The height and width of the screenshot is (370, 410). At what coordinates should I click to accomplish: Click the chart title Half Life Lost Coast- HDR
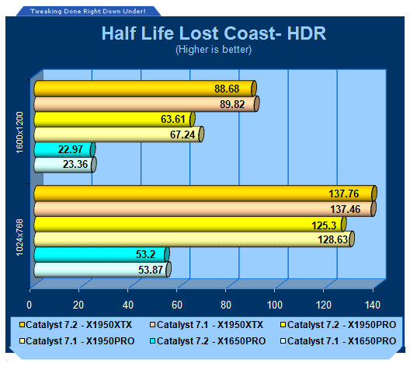214,33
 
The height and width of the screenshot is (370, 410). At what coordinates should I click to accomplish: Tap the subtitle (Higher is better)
214,50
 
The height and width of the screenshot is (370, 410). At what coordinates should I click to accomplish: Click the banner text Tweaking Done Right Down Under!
88,11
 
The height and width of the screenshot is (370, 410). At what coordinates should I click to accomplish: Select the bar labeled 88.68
145,89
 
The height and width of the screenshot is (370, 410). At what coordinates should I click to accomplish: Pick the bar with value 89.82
147,104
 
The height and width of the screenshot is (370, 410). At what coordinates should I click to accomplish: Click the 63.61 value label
173,120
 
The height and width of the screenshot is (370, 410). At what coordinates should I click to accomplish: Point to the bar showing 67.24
119,134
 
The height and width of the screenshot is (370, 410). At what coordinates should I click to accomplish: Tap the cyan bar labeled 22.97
64,149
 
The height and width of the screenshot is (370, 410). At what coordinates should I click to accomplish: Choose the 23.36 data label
75,164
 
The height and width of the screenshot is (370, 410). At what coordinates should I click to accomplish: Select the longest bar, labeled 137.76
205,194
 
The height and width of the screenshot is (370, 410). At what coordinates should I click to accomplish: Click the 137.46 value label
345,209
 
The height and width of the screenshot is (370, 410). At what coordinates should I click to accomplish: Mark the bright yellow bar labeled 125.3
190,224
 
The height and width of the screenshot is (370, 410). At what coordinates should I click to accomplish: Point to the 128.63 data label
332,239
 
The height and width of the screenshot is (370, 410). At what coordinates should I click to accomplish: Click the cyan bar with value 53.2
102,254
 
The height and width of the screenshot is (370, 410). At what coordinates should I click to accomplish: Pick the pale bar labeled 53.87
102,270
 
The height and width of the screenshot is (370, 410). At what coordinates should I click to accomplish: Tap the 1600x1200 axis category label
20,132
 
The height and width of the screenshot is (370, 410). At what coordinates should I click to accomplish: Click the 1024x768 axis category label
20,237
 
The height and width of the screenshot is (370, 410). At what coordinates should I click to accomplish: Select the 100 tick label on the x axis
275,305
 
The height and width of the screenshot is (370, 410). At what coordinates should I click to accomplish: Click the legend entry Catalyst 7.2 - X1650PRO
208,341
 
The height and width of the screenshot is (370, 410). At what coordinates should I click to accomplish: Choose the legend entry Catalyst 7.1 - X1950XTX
207,325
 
